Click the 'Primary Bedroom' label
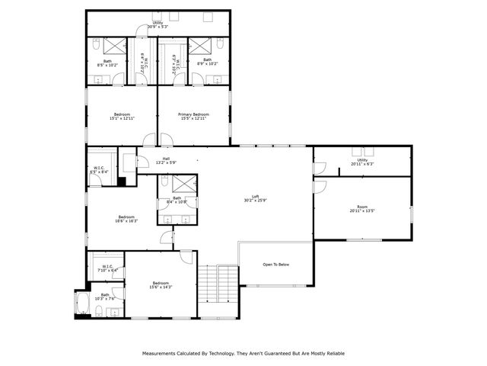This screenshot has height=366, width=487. point(195,114)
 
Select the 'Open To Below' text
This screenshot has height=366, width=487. point(275,265)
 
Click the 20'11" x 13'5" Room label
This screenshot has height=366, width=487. point(363,207)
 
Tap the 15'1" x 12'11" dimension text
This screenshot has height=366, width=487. point(122,119)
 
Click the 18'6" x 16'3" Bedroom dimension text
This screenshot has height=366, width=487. point(127,221)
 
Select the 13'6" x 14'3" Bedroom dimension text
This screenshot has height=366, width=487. point(161,287)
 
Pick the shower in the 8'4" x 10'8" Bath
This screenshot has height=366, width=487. point(183,184)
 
